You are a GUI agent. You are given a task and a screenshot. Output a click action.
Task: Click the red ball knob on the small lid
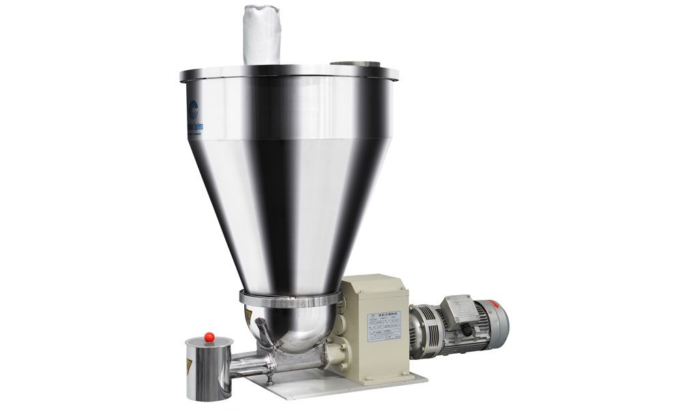pos(209,336)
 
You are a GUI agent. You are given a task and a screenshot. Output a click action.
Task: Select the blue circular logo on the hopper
pos(192,108)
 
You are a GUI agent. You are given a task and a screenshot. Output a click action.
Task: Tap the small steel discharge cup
pos(207,372)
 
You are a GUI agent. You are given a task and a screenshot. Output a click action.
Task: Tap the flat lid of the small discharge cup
pos(209,343)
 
